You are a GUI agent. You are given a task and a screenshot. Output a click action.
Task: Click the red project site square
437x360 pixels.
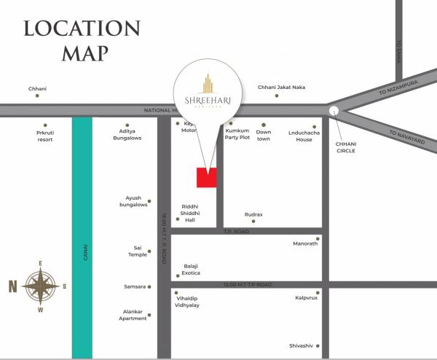[207, 178]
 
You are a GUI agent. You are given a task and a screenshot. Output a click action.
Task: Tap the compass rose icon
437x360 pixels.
[41, 286]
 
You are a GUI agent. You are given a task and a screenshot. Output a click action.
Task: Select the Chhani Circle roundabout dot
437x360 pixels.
[334, 111]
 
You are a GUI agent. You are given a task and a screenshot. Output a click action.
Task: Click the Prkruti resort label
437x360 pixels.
[45, 136]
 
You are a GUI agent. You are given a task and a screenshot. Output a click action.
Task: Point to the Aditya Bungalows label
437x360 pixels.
[126, 135]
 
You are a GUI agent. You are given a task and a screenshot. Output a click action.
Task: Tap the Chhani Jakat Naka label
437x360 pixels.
[281, 87]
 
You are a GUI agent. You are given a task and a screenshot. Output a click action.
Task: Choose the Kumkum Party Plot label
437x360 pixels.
[237, 134]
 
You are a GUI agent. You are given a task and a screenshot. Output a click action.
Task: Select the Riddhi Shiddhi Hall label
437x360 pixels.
[190, 213]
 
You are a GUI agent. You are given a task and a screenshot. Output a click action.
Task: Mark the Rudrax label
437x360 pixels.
[253, 215]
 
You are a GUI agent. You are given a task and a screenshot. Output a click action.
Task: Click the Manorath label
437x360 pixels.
[305, 243]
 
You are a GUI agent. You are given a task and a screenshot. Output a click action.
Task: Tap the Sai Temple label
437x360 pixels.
[136, 251]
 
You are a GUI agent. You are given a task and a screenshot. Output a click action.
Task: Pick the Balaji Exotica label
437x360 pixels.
[190, 270]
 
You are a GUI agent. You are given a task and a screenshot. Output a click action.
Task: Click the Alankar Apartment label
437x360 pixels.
[133, 315]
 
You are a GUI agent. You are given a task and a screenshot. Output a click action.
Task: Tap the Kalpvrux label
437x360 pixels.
[305, 297]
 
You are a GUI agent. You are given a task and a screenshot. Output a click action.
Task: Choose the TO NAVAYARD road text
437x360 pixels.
[406, 137]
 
